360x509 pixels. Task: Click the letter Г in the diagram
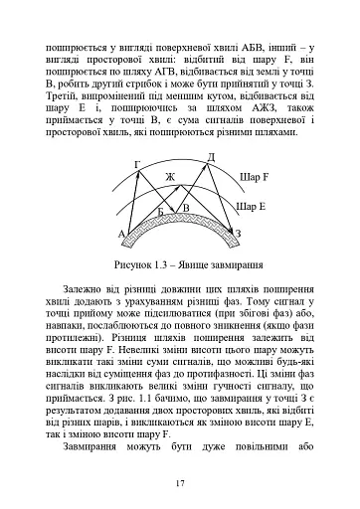(x=136, y=163)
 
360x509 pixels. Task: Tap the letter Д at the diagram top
(x=210, y=157)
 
